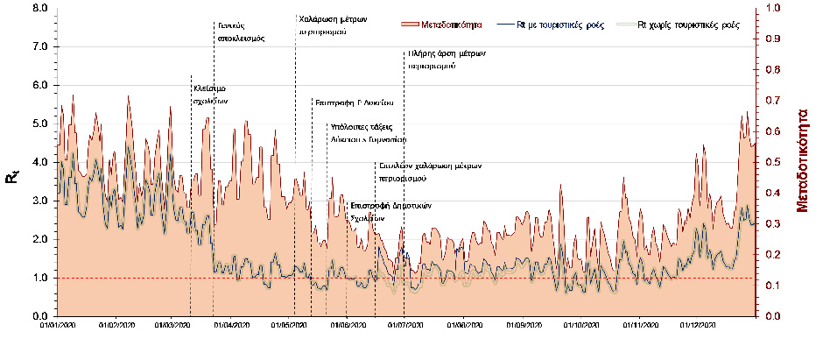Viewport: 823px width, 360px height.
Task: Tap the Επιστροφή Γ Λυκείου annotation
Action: pyautogui.click(x=354, y=102)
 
